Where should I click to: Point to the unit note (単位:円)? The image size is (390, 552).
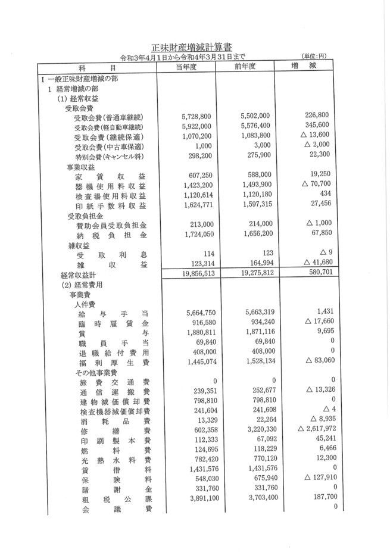click(x=319, y=57)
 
